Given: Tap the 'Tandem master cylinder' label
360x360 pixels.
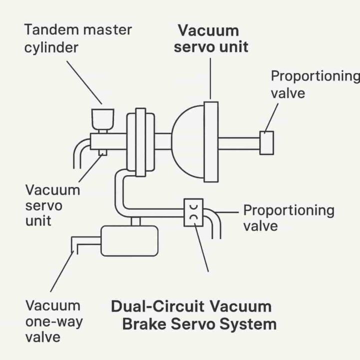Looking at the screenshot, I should [x=78, y=38].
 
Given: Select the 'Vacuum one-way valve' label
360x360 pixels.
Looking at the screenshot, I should [x=52, y=320].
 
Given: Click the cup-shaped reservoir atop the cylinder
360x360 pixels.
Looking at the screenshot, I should [x=102, y=118].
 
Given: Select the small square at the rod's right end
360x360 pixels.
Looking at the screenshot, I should [x=266, y=142].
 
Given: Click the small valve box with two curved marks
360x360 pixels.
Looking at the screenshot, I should [x=193, y=212].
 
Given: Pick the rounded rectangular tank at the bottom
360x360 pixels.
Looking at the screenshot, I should [x=129, y=240].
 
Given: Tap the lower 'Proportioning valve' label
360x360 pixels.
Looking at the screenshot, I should [x=288, y=217].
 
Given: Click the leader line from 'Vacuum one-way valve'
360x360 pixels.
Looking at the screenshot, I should [x=61, y=270].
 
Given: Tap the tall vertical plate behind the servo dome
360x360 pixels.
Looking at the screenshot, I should [x=211, y=142].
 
